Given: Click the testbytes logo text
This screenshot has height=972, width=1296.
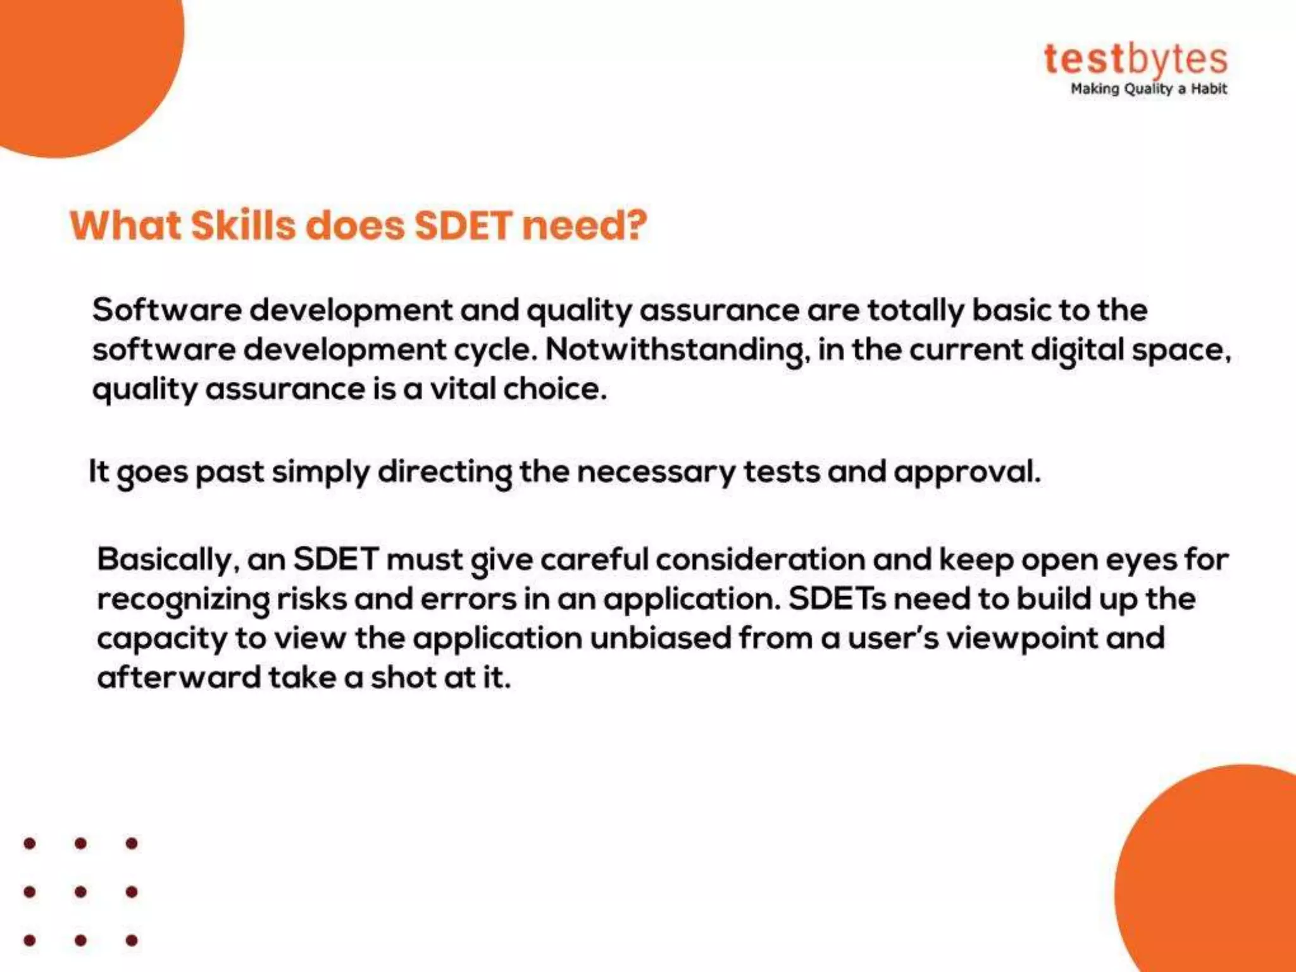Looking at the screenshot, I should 1136,60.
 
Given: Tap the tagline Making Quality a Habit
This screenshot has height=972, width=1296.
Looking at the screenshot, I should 1149,89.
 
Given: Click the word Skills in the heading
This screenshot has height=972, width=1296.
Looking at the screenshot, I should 243,225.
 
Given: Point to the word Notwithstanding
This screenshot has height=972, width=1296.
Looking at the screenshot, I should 677,350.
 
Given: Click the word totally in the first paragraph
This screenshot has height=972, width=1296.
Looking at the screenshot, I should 915,311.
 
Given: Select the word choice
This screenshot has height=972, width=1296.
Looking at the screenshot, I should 555,388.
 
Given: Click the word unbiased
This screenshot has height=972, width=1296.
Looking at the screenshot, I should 661,638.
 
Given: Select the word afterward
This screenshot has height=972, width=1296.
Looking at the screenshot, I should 179,677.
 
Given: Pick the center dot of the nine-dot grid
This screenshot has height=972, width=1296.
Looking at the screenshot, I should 80,892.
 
